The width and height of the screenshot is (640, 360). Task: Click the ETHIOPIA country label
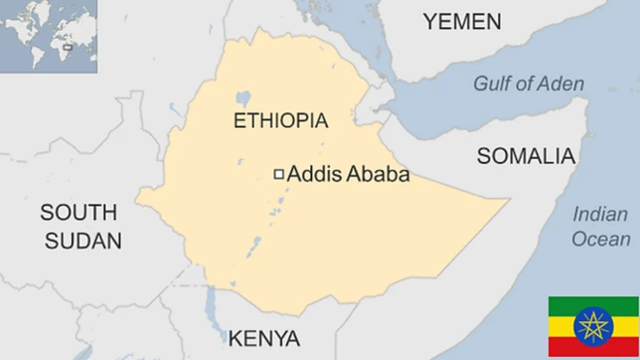pos(281,121)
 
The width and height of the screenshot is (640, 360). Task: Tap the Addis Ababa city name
pos(348,176)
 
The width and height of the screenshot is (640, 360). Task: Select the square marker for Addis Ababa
pos(279,175)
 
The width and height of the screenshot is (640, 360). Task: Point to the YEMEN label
pos(462,21)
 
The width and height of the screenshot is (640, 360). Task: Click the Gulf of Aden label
pos(528,83)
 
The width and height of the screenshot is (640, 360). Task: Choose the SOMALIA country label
pos(527,156)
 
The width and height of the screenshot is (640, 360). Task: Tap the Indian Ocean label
pos(600,227)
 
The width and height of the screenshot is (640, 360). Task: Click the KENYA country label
pos(264,339)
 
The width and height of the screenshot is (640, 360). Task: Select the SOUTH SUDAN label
pos(79,226)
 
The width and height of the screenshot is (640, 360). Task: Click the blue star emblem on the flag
pos(593,326)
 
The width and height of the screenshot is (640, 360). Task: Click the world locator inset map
pos(48,35)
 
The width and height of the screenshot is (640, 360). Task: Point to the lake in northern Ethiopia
pos(242,98)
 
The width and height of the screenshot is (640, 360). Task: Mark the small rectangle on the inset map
pos(67,45)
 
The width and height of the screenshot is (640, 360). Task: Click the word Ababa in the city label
pos(378,176)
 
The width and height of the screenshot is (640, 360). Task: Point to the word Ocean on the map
pos(600,239)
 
